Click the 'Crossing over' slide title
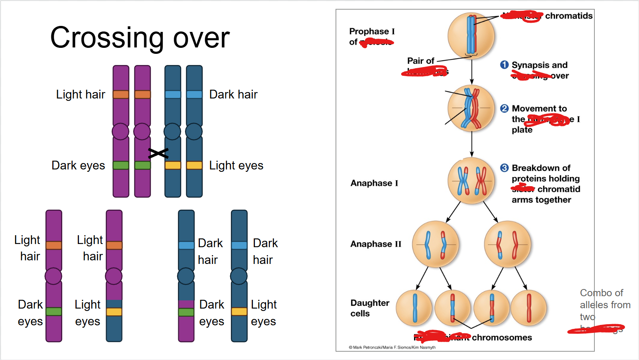pyautogui.click(x=140, y=38)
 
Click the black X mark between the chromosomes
pyautogui.click(x=158, y=153)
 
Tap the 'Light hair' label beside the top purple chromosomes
pyautogui.click(x=81, y=94)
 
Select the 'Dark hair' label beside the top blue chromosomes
pyautogui.click(x=233, y=94)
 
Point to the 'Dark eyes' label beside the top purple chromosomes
pyautogui.click(x=78, y=165)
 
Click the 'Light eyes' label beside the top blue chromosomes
pyautogui.click(x=236, y=165)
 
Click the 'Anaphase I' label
pyautogui.click(x=374, y=183)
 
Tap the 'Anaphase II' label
pyautogui.click(x=376, y=244)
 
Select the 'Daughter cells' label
pyautogui.click(x=370, y=308)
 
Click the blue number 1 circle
pyautogui.click(x=504, y=65)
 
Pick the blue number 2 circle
pyautogui.click(x=504, y=108)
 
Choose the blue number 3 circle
pyautogui.click(x=504, y=168)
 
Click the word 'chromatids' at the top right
pyautogui.click(x=569, y=16)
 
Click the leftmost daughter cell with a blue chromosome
pyautogui.click(x=414, y=308)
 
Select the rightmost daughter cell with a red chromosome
pyautogui.click(x=529, y=308)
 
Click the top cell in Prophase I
pyautogui.click(x=471, y=35)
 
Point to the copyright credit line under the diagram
pyautogui.click(x=392, y=347)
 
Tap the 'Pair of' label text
pyautogui.click(x=420, y=61)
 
